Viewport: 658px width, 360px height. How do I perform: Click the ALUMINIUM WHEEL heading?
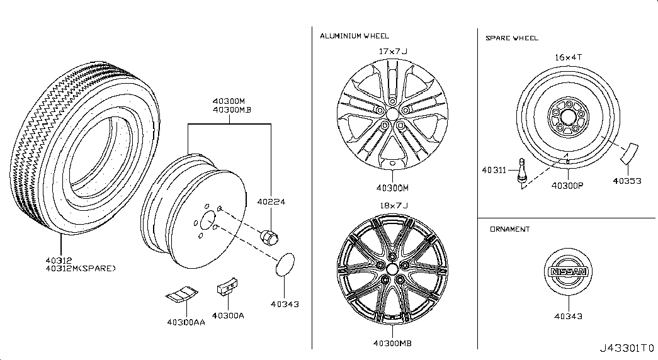point(354,36)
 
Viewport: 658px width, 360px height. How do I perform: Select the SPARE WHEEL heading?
point(511,38)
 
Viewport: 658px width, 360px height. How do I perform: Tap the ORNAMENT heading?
point(509,229)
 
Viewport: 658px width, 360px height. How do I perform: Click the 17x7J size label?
point(393,52)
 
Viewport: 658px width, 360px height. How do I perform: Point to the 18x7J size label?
point(393,206)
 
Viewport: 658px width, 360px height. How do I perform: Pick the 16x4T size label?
point(568,57)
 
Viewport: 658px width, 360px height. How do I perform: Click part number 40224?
point(271,203)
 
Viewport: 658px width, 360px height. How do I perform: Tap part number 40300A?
point(228,315)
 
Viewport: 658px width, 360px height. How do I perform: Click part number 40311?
point(493,169)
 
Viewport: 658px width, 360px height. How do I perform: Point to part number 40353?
point(627,181)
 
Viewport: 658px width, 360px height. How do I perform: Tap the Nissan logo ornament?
point(569,272)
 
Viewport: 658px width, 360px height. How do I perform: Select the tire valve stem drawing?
point(521,173)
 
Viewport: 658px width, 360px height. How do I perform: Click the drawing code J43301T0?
point(627,347)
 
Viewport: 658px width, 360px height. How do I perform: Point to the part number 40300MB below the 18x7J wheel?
point(392,343)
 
